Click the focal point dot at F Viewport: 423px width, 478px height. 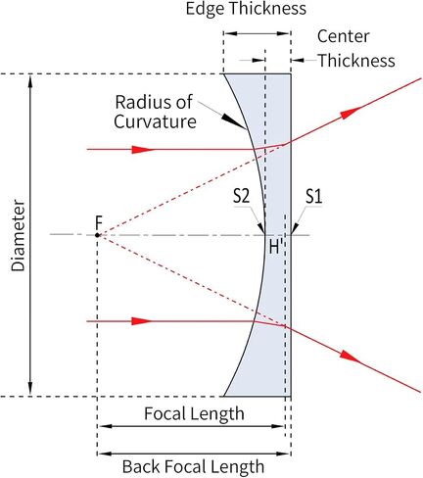pos(97,235)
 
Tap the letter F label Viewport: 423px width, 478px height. pos(99,223)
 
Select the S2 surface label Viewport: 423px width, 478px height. pos(242,197)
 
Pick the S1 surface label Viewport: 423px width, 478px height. pos(314,197)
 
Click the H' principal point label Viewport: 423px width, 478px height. pos(275,247)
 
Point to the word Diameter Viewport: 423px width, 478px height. pos(18,236)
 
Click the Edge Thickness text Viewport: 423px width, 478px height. pos(246,9)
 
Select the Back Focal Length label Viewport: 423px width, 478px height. pos(193,466)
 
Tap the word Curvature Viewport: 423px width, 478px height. pos(155,121)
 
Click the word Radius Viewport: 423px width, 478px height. pos(141,102)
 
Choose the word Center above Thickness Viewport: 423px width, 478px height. pos(344,36)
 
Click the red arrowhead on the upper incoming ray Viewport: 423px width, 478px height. pos(142,150)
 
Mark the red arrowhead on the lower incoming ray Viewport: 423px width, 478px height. pos(142,321)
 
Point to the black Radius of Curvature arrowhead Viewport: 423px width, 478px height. pos(234,120)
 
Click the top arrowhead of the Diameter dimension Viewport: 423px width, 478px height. pos(30,81)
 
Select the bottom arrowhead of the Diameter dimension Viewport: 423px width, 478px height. pos(30,389)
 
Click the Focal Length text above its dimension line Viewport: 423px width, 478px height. pos(194,414)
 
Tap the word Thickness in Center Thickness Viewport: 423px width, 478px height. pos(356,61)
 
